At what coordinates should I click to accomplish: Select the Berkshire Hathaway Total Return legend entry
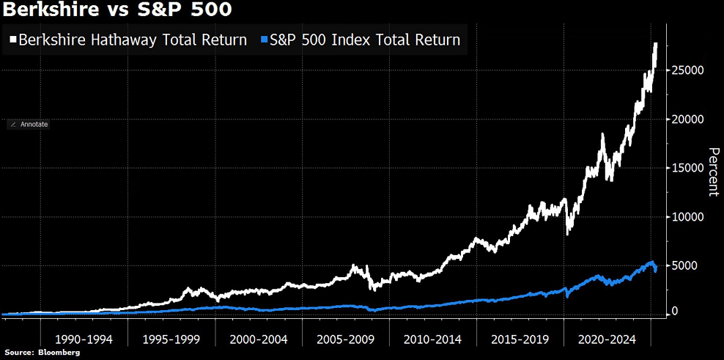click(133, 40)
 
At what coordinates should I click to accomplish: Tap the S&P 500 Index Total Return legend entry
click(364, 40)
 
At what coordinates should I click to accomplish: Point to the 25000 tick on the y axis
click(689, 70)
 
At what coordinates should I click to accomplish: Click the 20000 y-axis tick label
click(689, 119)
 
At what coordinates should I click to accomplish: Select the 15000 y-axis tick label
click(689, 168)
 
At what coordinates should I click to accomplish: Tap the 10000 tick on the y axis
click(689, 217)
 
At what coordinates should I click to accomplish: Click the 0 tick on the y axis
click(677, 312)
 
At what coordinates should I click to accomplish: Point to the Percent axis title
click(712, 172)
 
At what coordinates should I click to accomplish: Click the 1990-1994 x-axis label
click(83, 340)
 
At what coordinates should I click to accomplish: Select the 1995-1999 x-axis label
click(170, 340)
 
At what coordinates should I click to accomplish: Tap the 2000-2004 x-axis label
click(257, 340)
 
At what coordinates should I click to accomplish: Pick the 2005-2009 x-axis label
click(344, 340)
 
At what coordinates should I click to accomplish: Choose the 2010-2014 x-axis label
click(432, 340)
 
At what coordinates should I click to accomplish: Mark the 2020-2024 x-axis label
click(606, 340)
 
